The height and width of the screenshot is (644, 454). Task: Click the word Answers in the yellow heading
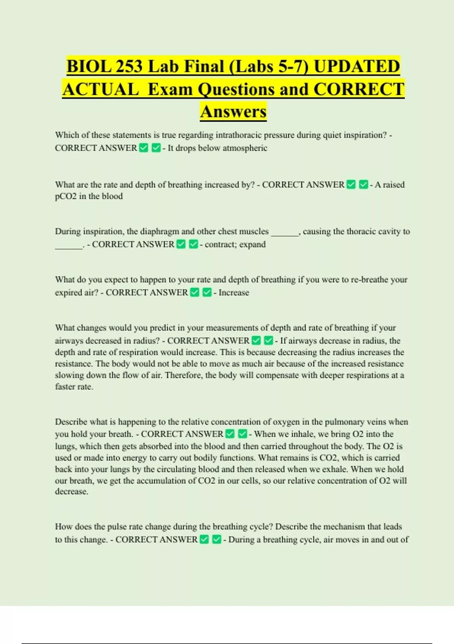click(233, 111)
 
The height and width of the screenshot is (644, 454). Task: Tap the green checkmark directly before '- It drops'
click(156, 148)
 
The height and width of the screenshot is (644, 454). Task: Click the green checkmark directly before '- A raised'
click(364, 184)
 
